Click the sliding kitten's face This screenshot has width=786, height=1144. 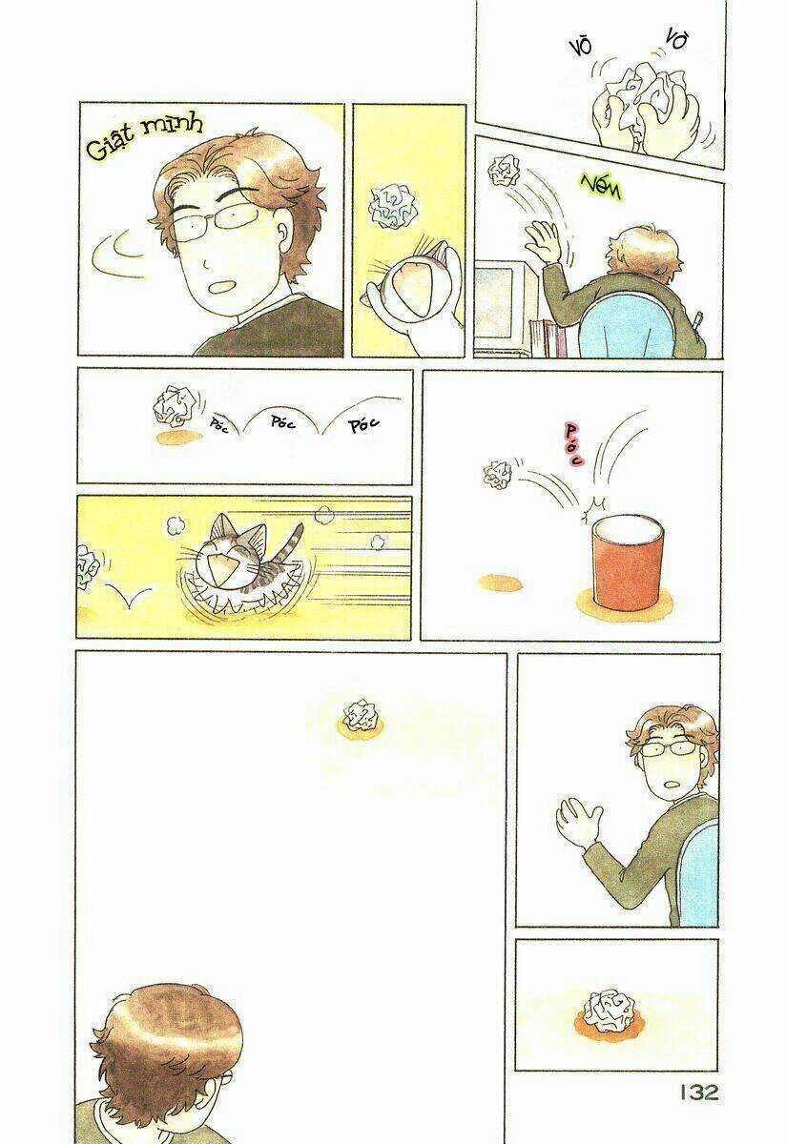point(221,556)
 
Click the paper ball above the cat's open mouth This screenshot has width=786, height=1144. point(391,206)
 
